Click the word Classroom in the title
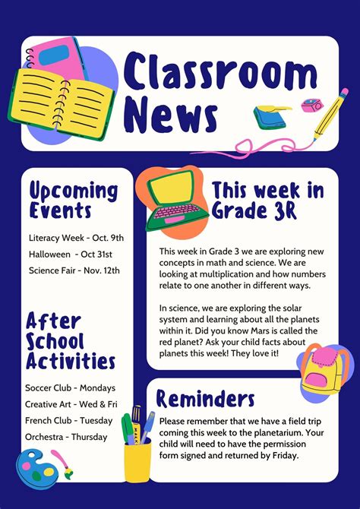point(220,73)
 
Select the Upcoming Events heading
point(74,200)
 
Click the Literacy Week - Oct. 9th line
point(76,238)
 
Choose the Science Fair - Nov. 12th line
point(74,270)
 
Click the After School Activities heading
point(71,340)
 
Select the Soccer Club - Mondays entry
point(71,387)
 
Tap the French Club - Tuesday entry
point(69,421)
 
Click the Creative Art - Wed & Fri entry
point(71,404)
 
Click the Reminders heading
point(206,398)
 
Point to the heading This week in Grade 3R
point(267,199)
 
